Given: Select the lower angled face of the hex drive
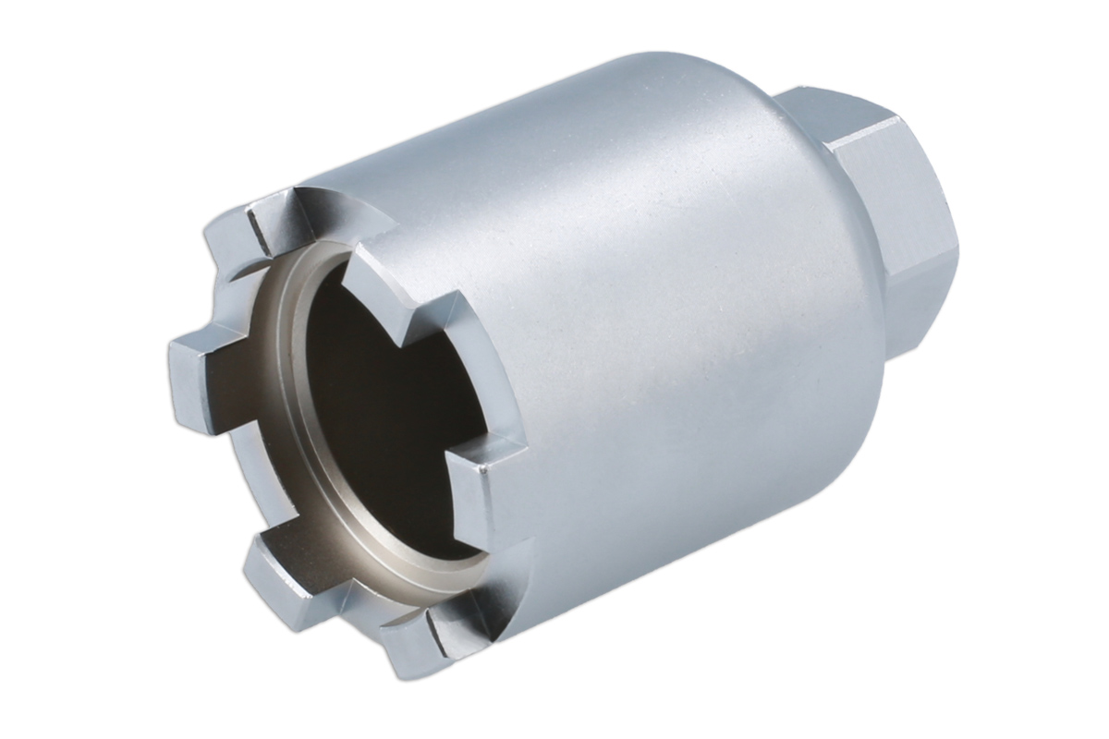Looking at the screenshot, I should (x=924, y=305).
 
